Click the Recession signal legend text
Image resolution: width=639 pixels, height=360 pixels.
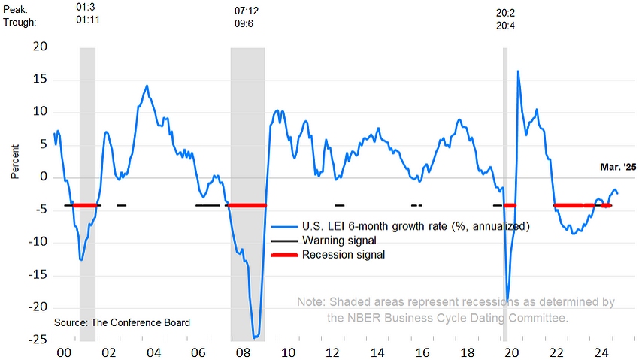coord(344,255)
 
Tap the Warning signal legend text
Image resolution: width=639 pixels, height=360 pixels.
coord(339,241)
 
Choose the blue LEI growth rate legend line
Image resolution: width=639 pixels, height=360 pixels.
coord(283,226)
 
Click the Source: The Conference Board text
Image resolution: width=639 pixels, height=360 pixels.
coord(122,322)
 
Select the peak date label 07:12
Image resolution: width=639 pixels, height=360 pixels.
coord(247,11)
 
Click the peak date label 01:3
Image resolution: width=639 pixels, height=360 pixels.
coord(86,7)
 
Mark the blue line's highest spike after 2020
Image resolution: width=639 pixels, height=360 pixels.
coord(518,71)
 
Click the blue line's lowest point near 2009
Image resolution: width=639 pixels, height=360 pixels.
coord(255,337)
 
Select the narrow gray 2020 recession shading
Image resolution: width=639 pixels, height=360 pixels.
coord(505,188)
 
